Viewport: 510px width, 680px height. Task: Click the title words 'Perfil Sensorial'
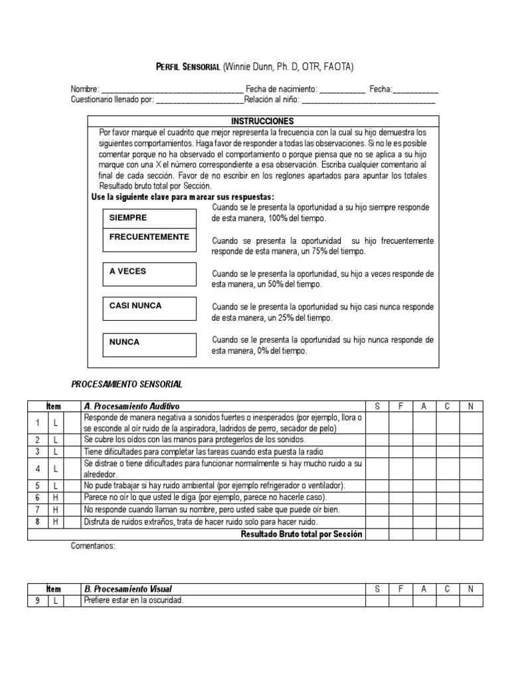(188, 66)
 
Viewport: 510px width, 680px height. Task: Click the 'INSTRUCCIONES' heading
(262, 122)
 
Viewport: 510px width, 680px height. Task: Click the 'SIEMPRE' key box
(149, 218)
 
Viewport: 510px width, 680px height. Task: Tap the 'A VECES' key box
(149, 274)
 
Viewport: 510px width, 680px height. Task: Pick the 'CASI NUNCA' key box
(149, 308)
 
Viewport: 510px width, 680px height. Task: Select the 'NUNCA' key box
(149, 343)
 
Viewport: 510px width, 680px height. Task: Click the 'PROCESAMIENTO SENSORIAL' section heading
(126, 384)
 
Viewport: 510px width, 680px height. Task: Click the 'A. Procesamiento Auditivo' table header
(131, 406)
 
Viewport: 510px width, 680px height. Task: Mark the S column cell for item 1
(377, 423)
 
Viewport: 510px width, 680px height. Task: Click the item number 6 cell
(38, 497)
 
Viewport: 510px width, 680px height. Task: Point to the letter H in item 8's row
(56, 522)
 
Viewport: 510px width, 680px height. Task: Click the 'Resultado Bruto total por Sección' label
(301, 535)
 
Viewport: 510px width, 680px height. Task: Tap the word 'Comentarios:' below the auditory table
(93, 547)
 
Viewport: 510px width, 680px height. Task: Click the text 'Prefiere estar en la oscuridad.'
(133, 601)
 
